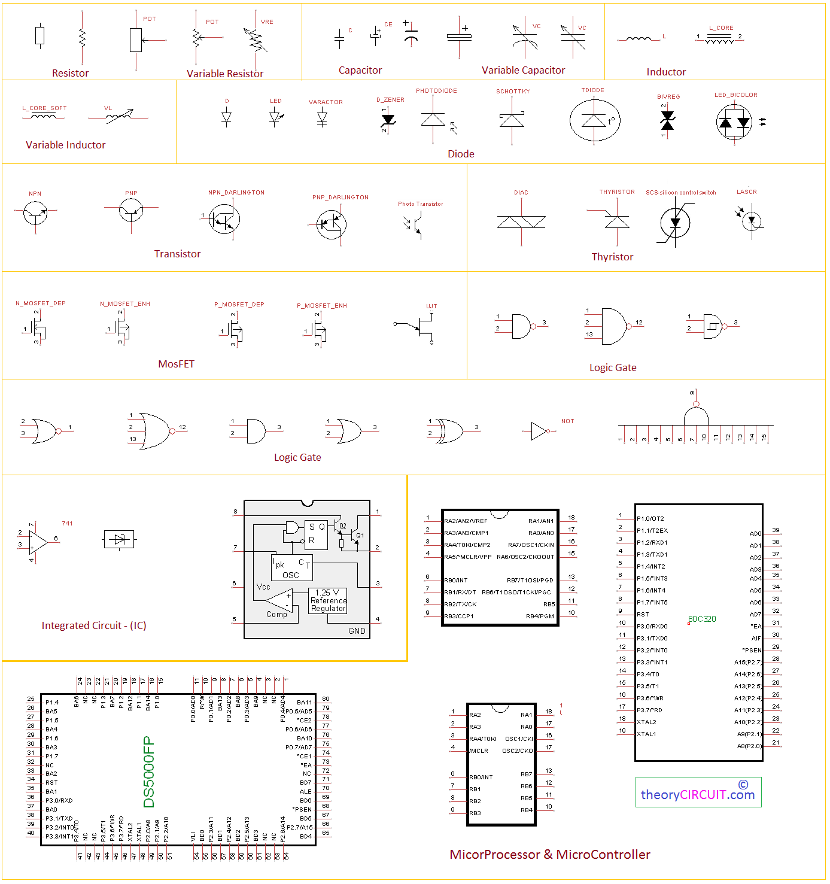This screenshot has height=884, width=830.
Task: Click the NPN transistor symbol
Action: coord(35,212)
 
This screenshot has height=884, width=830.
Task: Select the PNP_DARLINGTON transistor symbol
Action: coord(331,224)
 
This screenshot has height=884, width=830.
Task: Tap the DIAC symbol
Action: coord(521,222)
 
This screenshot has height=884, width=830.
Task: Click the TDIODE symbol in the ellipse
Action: coord(594,120)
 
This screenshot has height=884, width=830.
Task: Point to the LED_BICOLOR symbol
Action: coord(734,122)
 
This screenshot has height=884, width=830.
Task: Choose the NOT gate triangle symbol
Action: coord(539,431)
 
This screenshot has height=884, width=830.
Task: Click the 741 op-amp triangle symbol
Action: coord(38,542)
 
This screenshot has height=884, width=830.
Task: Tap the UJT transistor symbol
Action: coord(424,326)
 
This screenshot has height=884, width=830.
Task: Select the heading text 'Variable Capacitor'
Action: coord(523,70)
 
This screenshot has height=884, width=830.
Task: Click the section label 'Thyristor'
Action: coord(612,257)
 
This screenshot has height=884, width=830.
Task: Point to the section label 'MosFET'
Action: coord(176,364)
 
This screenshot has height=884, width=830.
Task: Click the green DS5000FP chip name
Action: coord(149,771)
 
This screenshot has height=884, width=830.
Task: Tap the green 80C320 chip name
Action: coord(702,619)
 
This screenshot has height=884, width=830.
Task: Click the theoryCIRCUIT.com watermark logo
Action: coord(698,792)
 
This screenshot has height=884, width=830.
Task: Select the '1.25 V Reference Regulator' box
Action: coord(328,600)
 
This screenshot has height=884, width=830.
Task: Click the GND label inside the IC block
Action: coord(357,631)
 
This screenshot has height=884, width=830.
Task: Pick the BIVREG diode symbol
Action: coord(667,121)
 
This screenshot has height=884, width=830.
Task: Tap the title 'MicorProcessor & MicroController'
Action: coord(549,855)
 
